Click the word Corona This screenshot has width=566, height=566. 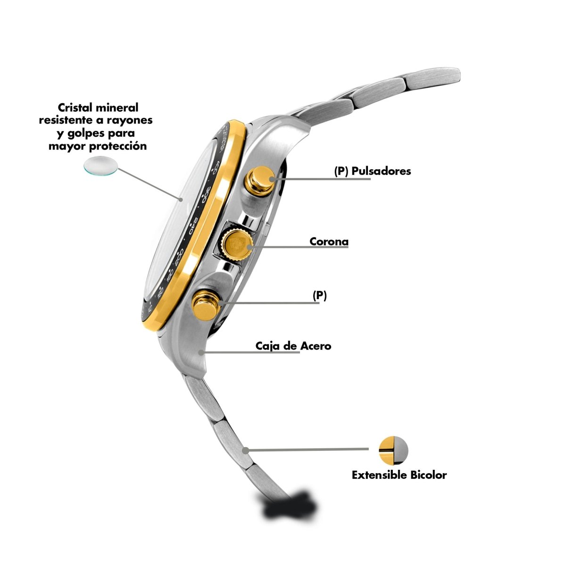(x=329, y=241)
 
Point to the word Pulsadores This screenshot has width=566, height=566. (x=381, y=171)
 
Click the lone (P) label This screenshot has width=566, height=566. (x=320, y=296)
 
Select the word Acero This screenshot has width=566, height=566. (x=316, y=346)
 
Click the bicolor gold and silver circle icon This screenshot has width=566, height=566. (x=393, y=449)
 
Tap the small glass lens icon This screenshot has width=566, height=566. (x=100, y=166)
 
